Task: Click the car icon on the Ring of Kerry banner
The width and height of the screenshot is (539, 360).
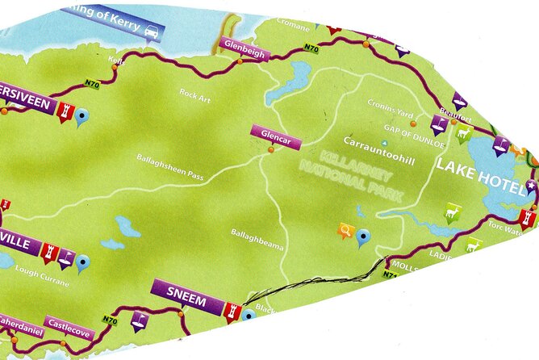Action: tap(151, 31)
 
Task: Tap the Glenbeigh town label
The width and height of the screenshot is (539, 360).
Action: tap(243, 44)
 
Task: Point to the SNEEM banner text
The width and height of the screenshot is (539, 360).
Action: tap(188, 303)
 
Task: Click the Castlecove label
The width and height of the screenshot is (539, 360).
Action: tap(69, 323)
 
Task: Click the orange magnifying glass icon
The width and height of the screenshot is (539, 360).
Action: tap(346, 232)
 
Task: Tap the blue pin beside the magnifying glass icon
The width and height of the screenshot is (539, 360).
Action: tap(364, 237)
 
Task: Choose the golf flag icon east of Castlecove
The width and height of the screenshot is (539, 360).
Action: tap(140, 320)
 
